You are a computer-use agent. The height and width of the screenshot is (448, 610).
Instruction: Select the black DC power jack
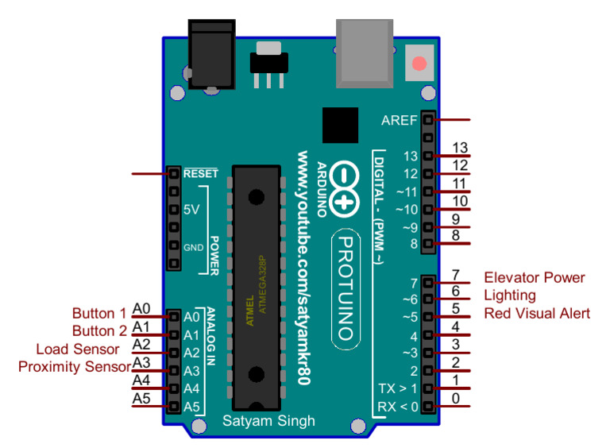point(210,54)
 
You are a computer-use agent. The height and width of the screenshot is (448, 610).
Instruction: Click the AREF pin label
point(399,121)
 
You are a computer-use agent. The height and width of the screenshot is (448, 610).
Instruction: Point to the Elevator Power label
point(535,278)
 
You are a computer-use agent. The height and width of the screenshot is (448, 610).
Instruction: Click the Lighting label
point(510,295)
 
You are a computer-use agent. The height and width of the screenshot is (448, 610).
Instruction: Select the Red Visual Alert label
point(537,314)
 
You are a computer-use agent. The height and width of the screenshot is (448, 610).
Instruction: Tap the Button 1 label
point(99,314)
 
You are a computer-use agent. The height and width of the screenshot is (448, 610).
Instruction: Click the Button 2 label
point(99,331)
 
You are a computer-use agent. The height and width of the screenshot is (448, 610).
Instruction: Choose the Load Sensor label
point(78,349)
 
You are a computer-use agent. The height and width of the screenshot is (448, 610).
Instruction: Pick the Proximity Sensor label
point(75,367)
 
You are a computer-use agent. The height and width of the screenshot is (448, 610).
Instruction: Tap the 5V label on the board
point(191,210)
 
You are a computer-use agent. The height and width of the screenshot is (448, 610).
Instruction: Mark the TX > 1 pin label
point(397,388)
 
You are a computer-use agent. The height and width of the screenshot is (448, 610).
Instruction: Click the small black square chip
point(341,126)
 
